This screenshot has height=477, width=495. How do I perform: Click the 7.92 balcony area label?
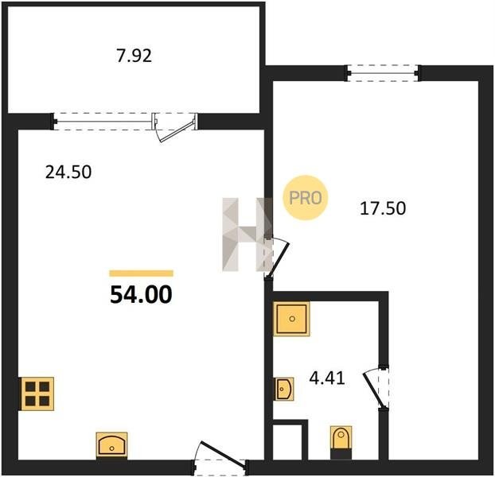134,56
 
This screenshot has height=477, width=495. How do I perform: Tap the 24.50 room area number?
68,173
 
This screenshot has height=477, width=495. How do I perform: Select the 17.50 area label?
383,208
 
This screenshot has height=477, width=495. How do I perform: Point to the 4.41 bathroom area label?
327,378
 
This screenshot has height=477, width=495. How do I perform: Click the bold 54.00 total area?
141,295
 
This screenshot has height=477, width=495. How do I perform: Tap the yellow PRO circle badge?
306,198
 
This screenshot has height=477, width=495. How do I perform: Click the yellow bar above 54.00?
141,273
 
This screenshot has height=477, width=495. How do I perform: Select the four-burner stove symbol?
37,394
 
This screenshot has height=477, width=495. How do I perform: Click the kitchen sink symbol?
111,444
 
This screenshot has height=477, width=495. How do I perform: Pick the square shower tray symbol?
291,319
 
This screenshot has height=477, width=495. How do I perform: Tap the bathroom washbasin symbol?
284,389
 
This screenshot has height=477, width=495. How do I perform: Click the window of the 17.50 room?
383,73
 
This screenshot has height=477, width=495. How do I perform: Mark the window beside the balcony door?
103,122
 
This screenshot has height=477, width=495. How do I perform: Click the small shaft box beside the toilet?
290,440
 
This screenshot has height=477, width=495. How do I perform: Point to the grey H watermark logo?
247,235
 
